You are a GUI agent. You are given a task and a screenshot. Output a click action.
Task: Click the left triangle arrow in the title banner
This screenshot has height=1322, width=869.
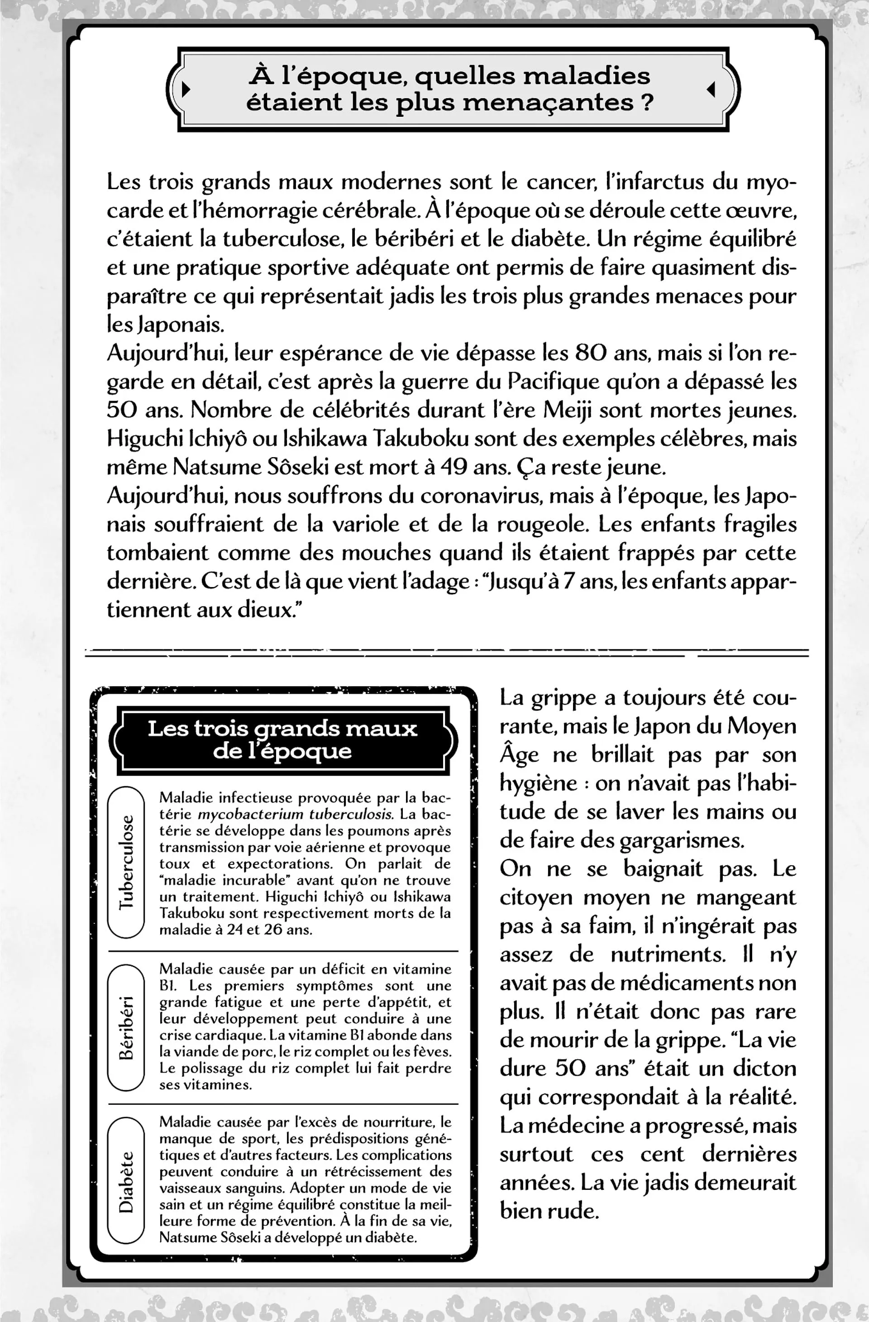point(186,88)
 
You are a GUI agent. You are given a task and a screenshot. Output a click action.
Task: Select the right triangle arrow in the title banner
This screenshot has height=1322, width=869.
point(711,89)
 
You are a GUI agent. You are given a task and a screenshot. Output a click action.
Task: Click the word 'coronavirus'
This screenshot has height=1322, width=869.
point(481,496)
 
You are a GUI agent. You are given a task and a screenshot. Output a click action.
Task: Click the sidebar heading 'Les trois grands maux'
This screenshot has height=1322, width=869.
point(282,728)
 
